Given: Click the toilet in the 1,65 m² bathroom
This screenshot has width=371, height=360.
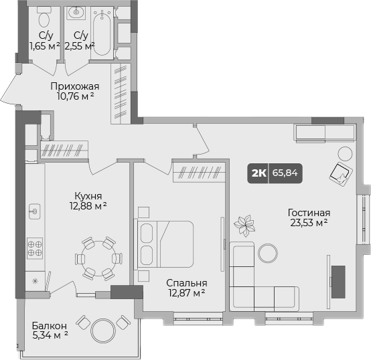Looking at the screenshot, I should point(44,16).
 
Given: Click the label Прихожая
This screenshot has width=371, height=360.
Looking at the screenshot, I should point(75,86).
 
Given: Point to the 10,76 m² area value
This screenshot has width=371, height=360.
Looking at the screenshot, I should point(75,96).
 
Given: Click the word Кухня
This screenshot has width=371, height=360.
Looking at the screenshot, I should point(88,196).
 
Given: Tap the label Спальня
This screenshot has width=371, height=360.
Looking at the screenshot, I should point(187,283).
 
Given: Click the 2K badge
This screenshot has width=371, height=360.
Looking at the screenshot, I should point(258,173).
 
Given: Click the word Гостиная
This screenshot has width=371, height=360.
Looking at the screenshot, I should point(309,213).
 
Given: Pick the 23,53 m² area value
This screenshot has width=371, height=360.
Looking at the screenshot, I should point(309,223).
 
